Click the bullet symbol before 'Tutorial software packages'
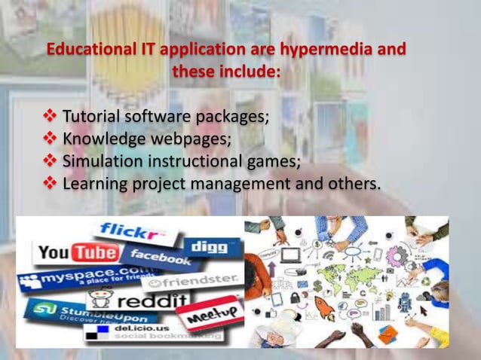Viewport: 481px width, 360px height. tap(50, 117)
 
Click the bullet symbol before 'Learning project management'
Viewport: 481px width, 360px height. tap(50, 183)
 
